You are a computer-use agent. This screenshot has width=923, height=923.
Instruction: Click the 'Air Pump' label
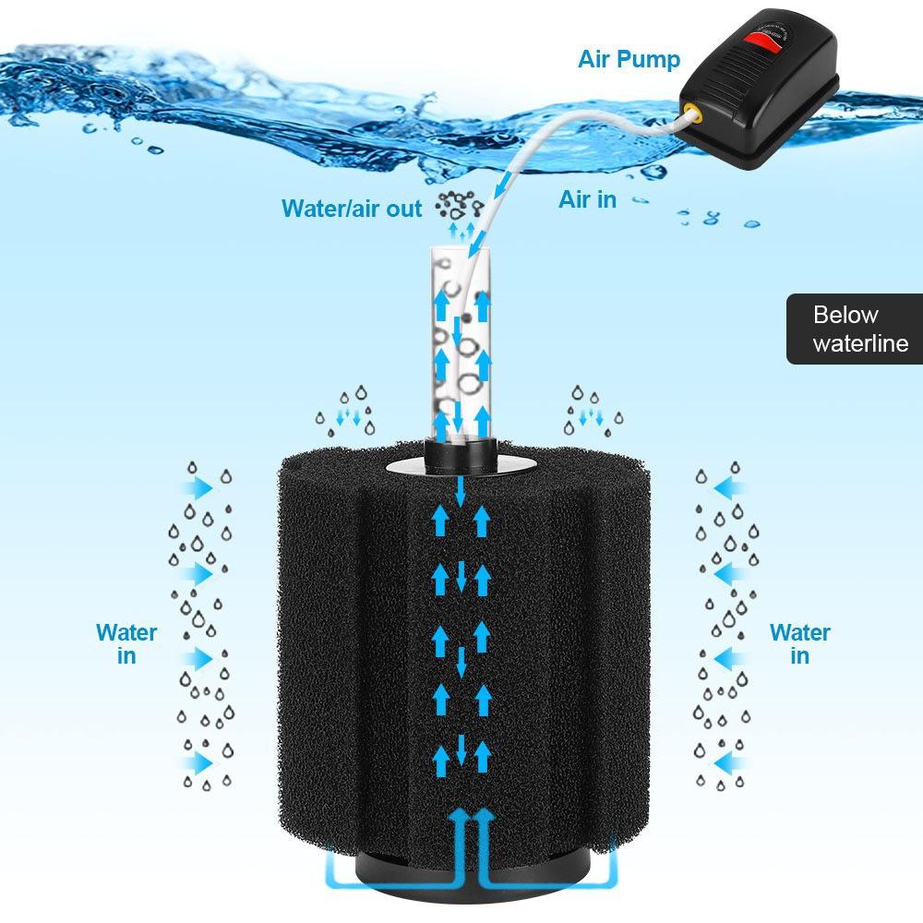pos(629,60)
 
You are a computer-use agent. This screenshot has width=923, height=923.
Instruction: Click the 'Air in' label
pos(587,198)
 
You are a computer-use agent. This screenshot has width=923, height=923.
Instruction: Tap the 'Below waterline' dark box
pos(854,330)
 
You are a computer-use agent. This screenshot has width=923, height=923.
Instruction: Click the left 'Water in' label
pos(126,643)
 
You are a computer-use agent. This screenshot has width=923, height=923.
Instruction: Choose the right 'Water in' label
pos(799,643)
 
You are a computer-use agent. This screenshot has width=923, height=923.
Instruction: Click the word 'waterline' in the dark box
pos(860,344)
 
